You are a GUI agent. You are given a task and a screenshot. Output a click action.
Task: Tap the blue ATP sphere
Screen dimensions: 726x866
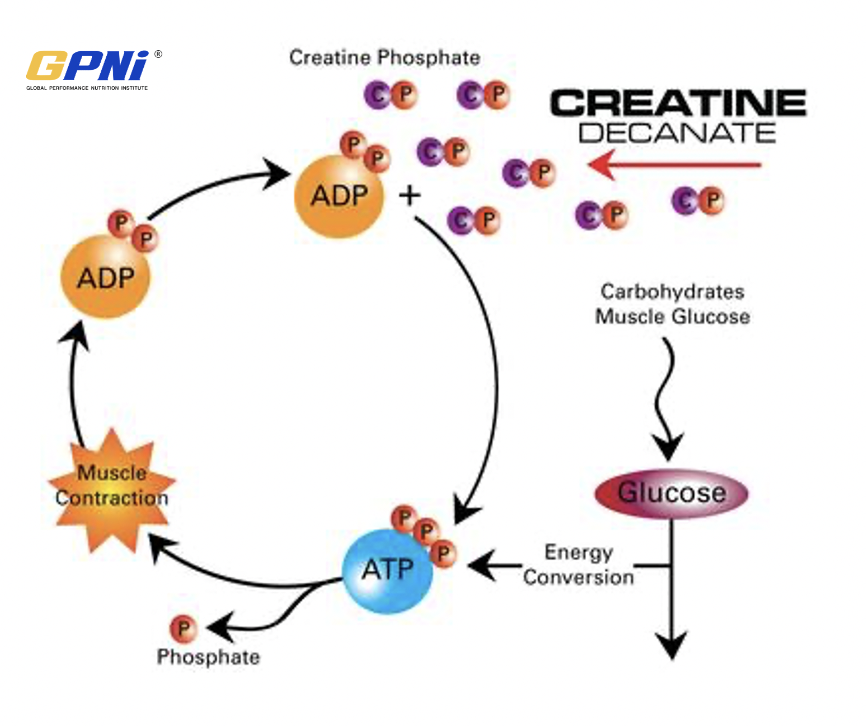point(387,571)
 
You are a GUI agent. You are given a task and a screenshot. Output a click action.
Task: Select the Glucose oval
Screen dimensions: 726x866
point(671,493)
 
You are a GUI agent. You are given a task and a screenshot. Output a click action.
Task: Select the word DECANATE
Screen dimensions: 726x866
point(677,134)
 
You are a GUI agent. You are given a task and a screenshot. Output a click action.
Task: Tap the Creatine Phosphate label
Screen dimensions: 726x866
point(385,58)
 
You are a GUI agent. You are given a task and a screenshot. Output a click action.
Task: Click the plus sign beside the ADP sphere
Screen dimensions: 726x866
point(410,195)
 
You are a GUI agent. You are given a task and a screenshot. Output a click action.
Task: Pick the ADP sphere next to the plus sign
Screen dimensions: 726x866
point(339,196)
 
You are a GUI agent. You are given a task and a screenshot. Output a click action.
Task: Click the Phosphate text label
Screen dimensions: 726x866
point(208,657)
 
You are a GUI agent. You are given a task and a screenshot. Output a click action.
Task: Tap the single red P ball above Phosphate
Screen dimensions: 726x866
point(183,628)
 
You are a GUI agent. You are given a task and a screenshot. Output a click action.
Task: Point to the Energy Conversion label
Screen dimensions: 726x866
point(578,565)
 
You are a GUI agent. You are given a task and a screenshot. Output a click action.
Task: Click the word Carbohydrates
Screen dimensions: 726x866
point(672,292)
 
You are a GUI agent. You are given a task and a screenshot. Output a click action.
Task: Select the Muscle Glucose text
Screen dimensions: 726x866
point(672,317)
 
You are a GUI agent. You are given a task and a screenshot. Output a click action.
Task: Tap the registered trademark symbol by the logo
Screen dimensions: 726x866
point(158,54)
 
